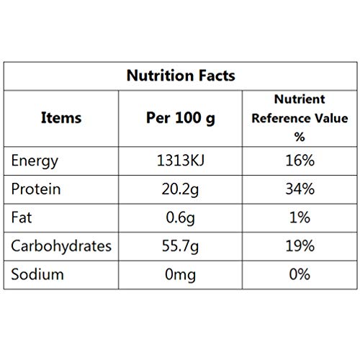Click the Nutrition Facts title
click(181, 76)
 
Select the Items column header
click(61, 118)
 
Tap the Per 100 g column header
click(181, 118)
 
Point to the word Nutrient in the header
click(300, 99)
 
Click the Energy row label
click(35, 161)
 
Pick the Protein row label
click(36, 189)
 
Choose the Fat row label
click(22, 217)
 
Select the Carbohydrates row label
click(61, 246)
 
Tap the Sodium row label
click(37, 274)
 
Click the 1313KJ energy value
click(181, 161)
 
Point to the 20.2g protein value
click(180, 189)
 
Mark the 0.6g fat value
click(180, 218)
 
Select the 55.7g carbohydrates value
click(180, 246)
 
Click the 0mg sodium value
click(180, 275)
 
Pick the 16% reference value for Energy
click(300, 161)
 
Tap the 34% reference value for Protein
click(300, 189)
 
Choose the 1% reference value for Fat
click(300, 217)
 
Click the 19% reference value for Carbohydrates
click(300, 246)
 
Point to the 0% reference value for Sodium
click(300, 274)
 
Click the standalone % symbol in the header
click(300, 137)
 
